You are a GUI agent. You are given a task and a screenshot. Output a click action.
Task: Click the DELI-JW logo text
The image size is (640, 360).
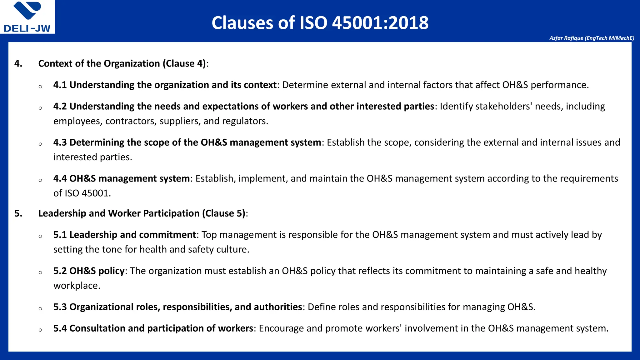coord(27,28)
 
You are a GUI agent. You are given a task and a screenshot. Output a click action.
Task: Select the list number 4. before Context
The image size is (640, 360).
coord(18,63)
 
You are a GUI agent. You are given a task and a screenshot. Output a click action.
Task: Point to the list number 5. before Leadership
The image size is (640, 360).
coord(18,213)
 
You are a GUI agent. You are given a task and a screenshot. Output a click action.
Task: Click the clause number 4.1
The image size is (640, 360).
coord(60,85)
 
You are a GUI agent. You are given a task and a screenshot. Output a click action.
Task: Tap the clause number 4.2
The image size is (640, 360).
coord(60,106)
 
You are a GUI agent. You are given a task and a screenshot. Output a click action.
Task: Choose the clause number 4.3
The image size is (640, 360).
coord(60,142)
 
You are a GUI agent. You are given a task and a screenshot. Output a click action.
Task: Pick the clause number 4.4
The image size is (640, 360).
coord(60,178)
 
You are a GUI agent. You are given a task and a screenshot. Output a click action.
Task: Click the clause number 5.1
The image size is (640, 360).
coord(60,235)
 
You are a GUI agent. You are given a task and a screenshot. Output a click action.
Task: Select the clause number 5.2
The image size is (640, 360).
coord(60,271)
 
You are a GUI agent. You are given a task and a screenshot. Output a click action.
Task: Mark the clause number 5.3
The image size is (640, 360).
coord(60,307)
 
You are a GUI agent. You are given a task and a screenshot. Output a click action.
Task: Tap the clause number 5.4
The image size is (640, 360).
coord(60,328)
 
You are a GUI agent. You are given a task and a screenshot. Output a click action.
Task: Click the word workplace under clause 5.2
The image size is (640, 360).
coord(77,286)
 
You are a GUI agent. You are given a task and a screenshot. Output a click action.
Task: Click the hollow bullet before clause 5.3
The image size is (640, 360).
coord(40,308)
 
